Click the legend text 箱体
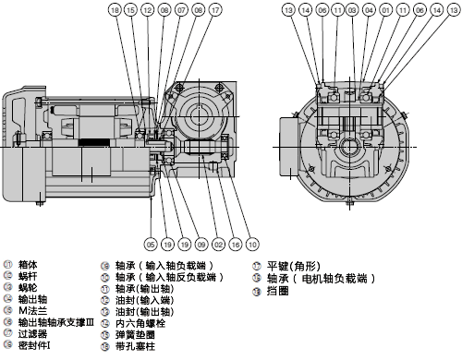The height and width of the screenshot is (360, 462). (29, 266)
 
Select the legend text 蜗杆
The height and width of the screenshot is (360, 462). (29, 276)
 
